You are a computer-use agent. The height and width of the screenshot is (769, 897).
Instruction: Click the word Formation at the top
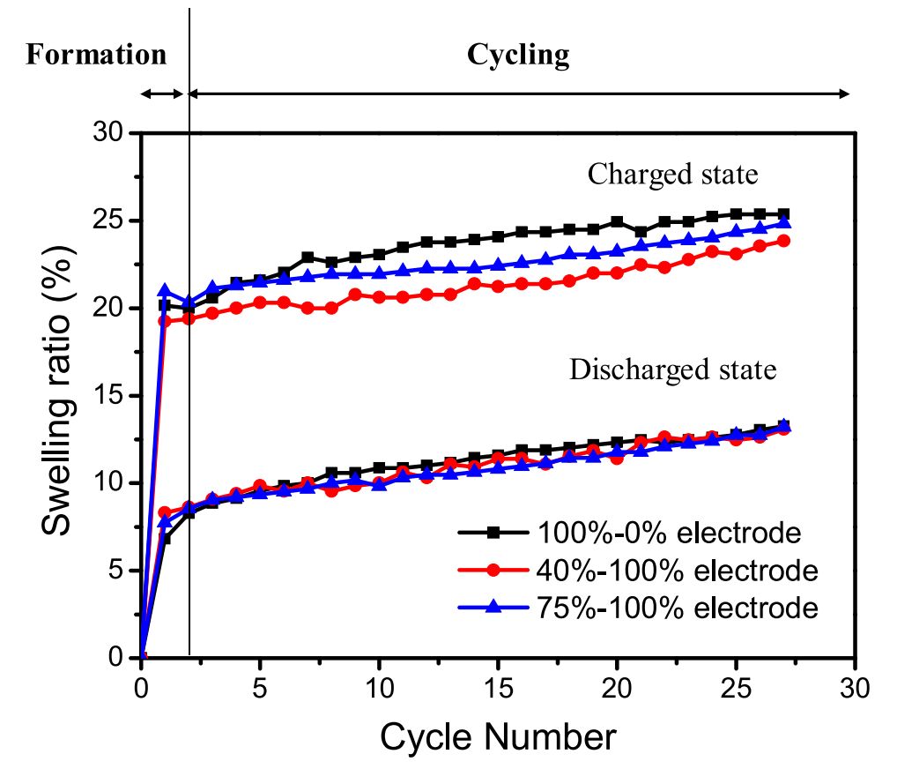tap(96, 55)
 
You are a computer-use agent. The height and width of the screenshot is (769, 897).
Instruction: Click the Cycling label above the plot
tap(518, 55)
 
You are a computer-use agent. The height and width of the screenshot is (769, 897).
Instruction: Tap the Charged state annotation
tap(672, 174)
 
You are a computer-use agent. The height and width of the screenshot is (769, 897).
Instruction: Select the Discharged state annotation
tap(673, 369)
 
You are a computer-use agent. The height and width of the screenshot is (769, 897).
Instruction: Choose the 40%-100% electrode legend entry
tap(676, 571)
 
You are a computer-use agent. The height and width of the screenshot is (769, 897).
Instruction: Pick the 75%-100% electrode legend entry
tap(676, 608)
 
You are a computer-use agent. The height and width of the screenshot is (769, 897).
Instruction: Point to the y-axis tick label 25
tap(113, 220)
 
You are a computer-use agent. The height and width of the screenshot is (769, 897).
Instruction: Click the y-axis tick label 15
tap(113, 395)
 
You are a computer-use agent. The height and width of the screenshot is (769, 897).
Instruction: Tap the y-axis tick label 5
tap(120, 571)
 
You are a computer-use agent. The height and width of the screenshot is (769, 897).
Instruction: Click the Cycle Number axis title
tap(498, 734)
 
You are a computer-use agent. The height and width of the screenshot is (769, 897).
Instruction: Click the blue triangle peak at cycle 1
tap(165, 290)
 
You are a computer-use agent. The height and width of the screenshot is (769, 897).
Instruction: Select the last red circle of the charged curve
tap(782, 241)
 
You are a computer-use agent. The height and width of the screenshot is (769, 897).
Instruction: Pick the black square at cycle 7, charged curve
tap(308, 258)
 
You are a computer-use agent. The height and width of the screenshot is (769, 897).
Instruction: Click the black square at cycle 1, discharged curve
tap(165, 538)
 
